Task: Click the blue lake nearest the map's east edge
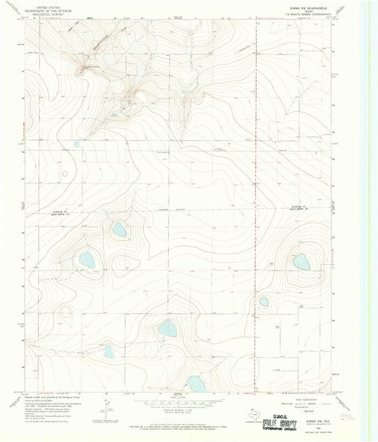[x=301, y=262]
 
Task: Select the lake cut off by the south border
[x=196, y=385]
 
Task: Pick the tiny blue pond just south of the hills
[x=77, y=144]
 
